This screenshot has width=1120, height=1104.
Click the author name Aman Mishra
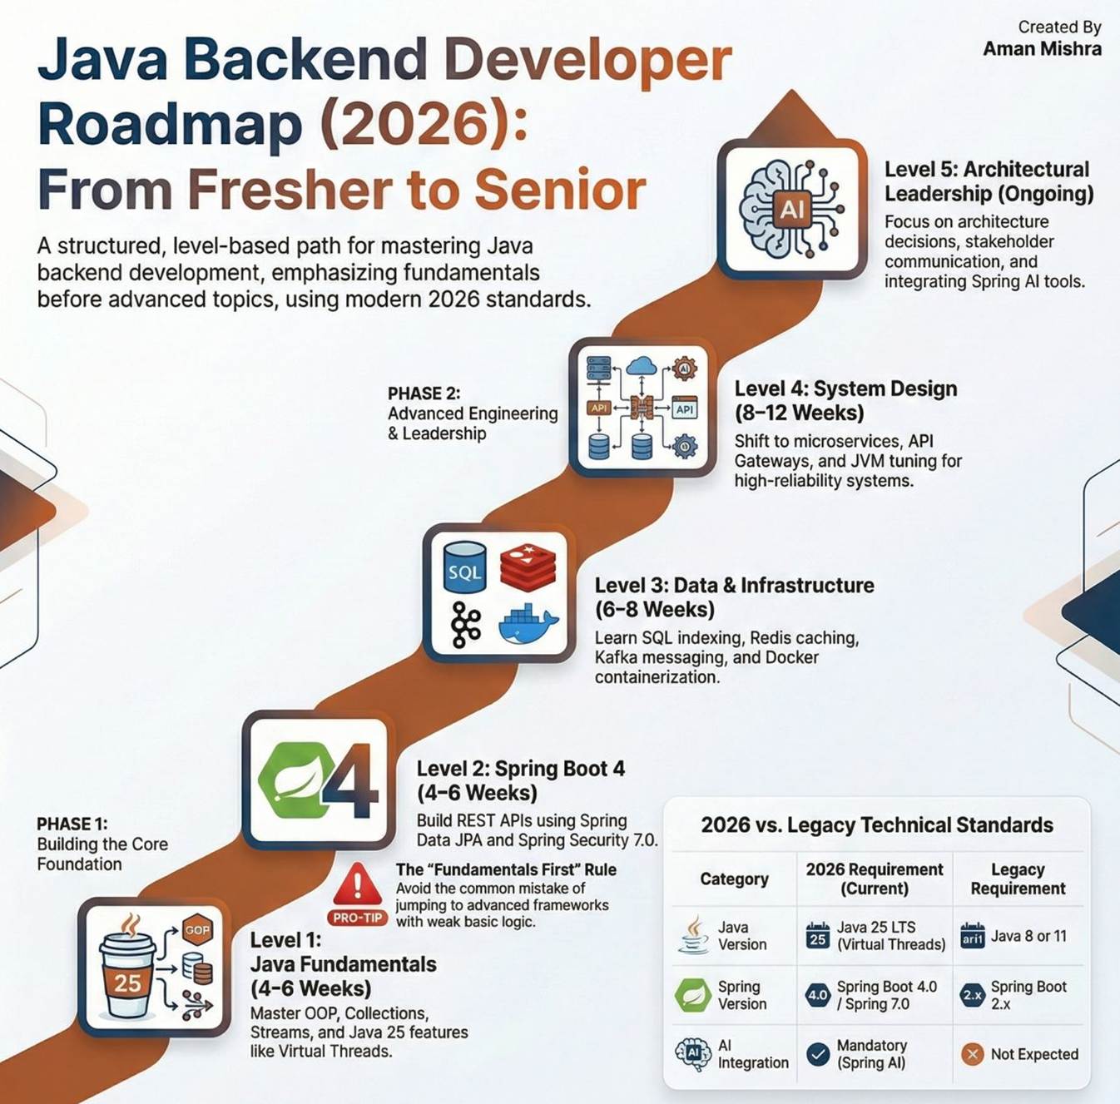click(x=1042, y=49)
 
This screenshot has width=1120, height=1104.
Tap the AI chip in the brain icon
click(x=791, y=207)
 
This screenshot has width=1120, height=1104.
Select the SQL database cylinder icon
click(x=464, y=567)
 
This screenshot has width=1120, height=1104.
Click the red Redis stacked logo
click(x=528, y=567)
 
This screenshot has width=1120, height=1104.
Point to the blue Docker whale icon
click(x=528, y=623)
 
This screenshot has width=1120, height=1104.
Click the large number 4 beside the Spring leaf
click(x=349, y=780)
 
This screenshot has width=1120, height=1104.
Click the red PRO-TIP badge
click(x=358, y=918)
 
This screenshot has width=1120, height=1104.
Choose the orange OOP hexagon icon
click(x=197, y=930)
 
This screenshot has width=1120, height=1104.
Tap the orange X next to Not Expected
click(x=973, y=1053)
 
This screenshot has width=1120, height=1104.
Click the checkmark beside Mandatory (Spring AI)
click(x=818, y=1054)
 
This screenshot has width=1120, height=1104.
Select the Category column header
click(x=734, y=879)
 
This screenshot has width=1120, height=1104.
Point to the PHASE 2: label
click(x=424, y=394)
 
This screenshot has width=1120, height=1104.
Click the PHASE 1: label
click(x=72, y=824)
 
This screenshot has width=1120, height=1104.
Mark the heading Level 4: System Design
click(x=845, y=389)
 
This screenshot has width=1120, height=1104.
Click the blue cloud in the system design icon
click(x=642, y=366)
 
